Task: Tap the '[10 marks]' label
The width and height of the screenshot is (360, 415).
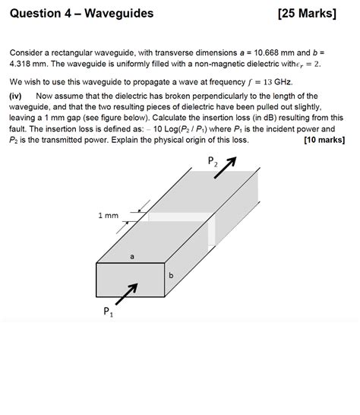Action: (x=326, y=140)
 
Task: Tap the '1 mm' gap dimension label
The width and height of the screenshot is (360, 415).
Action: (x=108, y=216)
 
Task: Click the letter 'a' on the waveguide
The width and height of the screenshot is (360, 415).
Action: (x=132, y=257)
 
